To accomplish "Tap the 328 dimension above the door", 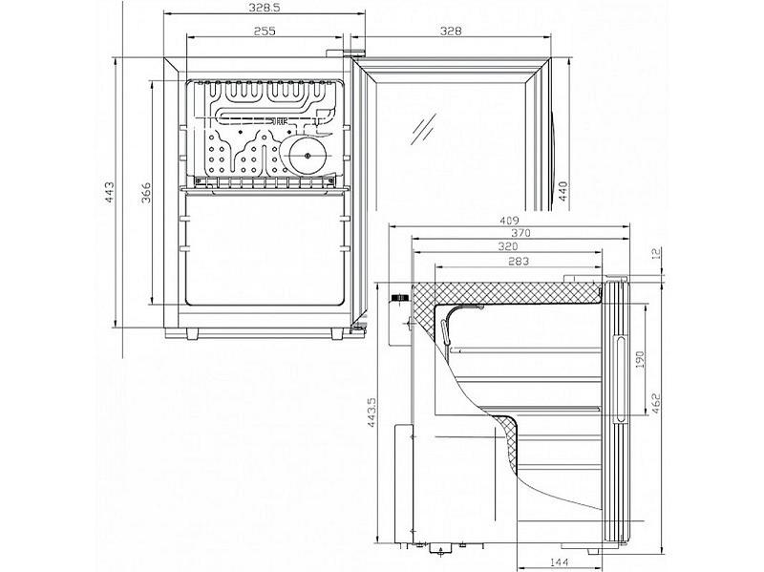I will point(452,31).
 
